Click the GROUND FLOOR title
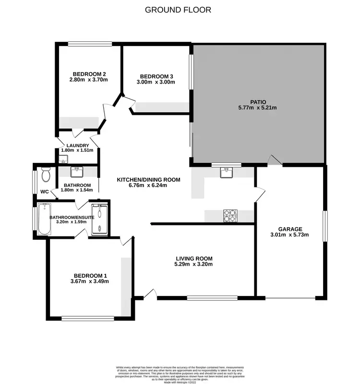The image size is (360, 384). tap(178, 10)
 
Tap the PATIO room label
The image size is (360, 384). tap(257, 101)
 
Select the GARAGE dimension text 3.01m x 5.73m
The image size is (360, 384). tap(290, 235)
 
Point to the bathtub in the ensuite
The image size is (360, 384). tap(44, 219)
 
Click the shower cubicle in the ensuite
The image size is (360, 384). tap(100, 219)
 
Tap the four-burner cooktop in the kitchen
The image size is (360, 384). tap(230, 216)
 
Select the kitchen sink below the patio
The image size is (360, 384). tap(227, 173)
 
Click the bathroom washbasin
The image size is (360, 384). tap(77, 172)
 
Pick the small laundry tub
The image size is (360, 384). tap(61, 159)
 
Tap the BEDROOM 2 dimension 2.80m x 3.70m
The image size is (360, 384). tap(89, 80)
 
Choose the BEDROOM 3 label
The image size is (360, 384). tap(156, 76)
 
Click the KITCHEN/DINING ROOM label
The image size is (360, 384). tap(149, 180)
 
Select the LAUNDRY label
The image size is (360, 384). tap(78, 145)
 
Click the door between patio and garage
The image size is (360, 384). tap(274, 160)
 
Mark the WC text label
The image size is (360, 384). tap(44, 192)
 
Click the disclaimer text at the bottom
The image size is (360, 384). tap(180, 373)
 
